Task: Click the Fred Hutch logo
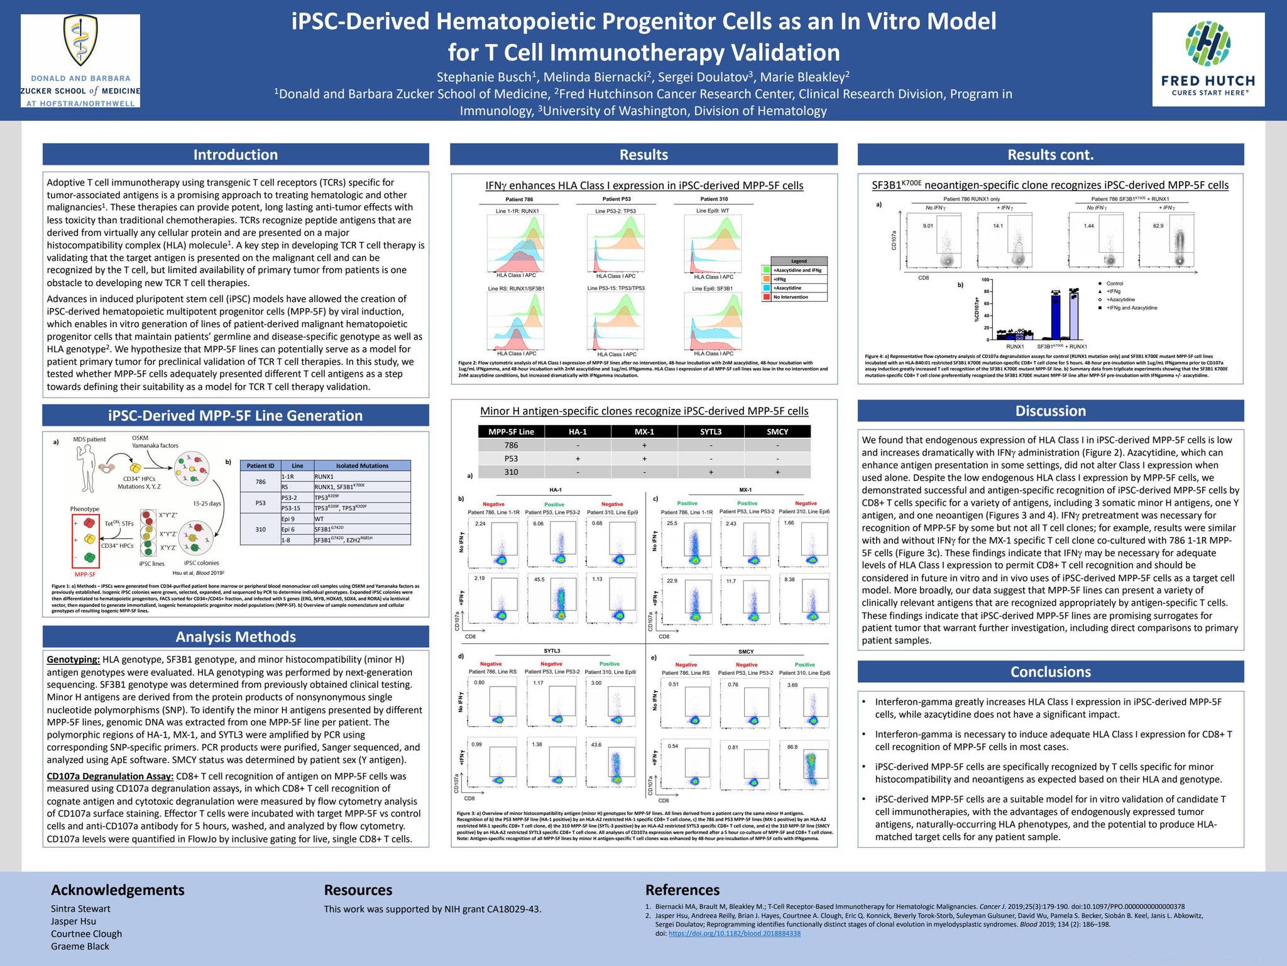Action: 1207,59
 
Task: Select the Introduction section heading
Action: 236,155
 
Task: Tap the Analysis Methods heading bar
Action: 236,636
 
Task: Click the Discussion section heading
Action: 1050,411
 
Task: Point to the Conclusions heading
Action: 1050,672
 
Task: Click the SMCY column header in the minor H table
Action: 777,431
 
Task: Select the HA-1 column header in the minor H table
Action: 578,431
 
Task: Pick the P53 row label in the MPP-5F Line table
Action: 511,458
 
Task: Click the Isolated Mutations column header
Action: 362,465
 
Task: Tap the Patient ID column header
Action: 260,465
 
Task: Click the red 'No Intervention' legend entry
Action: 794,297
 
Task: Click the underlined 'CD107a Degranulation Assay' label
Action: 110,776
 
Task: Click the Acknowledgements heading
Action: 118,890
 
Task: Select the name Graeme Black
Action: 80,947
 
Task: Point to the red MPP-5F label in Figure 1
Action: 85,574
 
